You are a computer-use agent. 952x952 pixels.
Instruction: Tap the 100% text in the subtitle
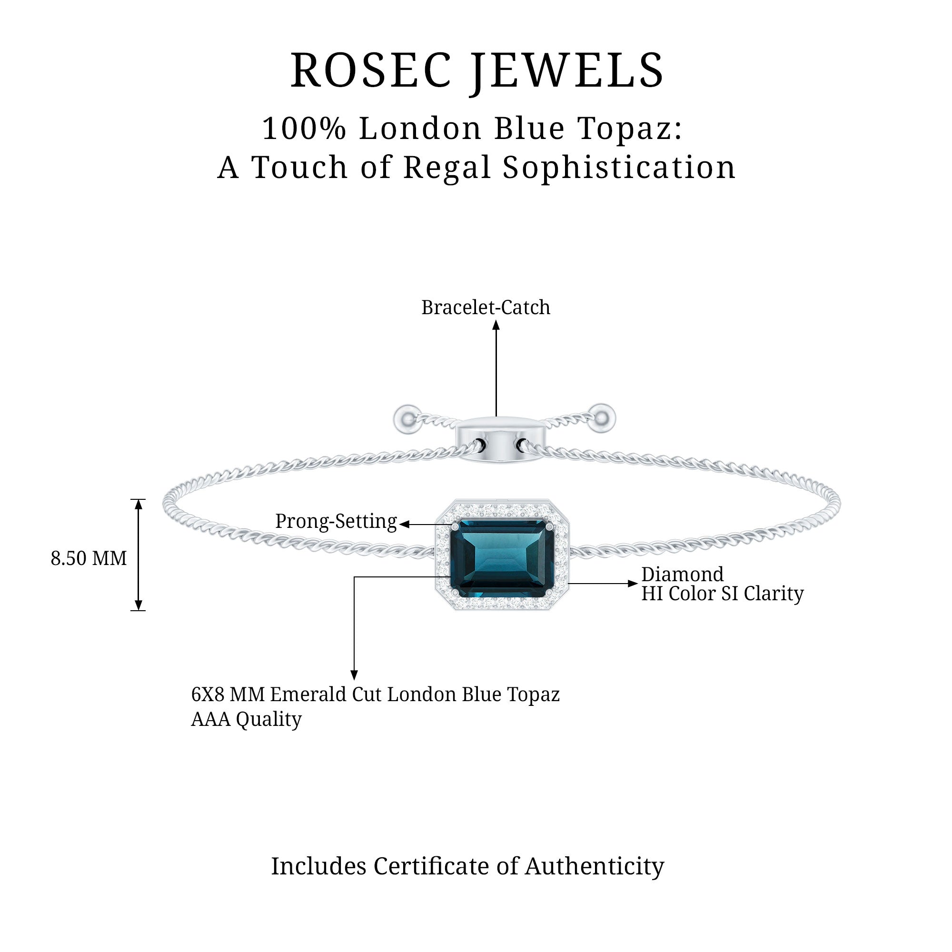click(304, 129)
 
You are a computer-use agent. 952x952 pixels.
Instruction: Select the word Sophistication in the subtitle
click(619, 168)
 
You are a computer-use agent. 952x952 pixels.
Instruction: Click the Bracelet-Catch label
click(486, 307)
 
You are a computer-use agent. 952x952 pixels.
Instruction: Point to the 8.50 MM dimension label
click(89, 558)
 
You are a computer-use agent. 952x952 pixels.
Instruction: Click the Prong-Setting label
click(336, 521)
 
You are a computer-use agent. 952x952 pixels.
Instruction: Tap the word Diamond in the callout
click(682, 575)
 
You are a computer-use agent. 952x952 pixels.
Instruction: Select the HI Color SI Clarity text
click(722, 594)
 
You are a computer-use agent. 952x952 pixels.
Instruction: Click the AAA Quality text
click(246, 719)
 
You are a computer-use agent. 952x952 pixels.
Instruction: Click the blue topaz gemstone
click(501, 558)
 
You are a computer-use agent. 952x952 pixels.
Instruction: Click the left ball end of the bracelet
click(407, 419)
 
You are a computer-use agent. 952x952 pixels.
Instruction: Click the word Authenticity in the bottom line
click(594, 866)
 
